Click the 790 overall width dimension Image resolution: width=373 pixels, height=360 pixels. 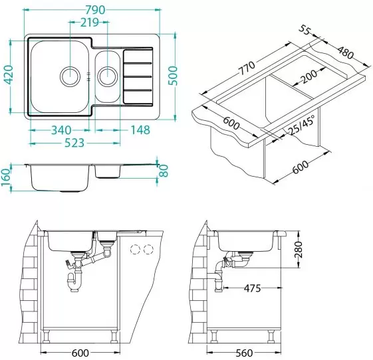pyautogui.click(x=95, y=9)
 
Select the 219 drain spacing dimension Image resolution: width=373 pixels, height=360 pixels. pyautogui.click(x=90, y=23)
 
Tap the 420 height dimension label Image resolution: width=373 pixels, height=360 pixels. pyautogui.click(x=9, y=74)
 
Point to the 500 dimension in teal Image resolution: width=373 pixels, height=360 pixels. pyautogui.click(x=173, y=76)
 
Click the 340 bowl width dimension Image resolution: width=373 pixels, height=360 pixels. pyautogui.click(x=61, y=130)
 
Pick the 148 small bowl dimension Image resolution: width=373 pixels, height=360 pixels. pyautogui.click(x=140, y=130)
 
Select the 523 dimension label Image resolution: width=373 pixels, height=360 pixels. pyautogui.click(x=74, y=143)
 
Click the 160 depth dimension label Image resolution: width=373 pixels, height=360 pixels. pyautogui.click(x=6, y=177)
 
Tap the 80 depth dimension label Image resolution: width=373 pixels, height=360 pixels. pyautogui.click(x=164, y=171)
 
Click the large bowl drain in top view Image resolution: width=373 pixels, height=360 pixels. pyautogui.click(x=70, y=76)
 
